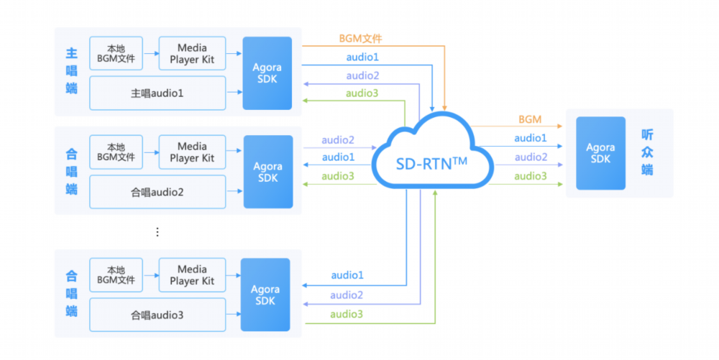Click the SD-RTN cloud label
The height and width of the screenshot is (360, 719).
tap(431, 164)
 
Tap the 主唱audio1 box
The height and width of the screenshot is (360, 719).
tap(157, 93)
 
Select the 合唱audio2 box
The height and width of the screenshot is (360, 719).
tap(157, 192)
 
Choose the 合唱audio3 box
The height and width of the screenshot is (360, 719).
tap(157, 315)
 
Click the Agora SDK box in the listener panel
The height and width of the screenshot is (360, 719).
tap(600, 153)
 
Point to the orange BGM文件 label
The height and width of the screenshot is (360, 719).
tap(360, 39)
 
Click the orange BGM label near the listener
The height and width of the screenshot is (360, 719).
tap(530, 119)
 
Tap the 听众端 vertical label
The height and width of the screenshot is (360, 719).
tap(647, 152)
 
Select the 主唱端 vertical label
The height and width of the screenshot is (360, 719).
tap(71, 70)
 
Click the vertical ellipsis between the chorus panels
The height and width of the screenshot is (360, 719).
tap(157, 232)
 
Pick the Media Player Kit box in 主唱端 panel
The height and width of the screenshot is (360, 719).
tap(192, 53)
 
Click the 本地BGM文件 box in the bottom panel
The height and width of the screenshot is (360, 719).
tap(116, 274)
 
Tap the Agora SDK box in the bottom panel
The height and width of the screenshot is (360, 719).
tap(265, 295)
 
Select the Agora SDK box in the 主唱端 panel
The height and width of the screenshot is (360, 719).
tap(267, 73)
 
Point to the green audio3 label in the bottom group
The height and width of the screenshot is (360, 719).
tap(347, 314)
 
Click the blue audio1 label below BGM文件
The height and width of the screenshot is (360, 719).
tap(362, 57)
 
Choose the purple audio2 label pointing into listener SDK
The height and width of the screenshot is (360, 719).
tap(531, 157)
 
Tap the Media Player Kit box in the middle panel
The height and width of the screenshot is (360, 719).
tap(192, 152)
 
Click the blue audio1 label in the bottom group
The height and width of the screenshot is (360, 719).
tap(347, 274)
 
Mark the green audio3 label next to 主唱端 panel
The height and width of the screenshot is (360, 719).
tap(362, 93)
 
